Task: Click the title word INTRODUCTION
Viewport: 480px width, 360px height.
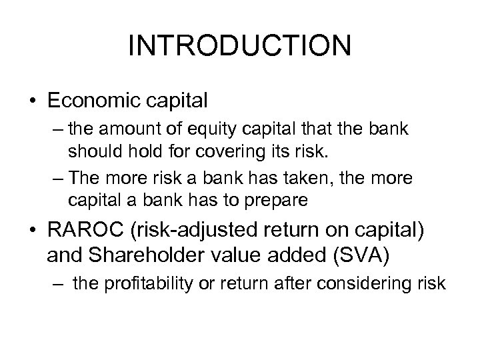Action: (239, 46)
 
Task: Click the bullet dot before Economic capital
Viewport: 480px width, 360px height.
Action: (33, 101)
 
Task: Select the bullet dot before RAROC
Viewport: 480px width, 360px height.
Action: (33, 234)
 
